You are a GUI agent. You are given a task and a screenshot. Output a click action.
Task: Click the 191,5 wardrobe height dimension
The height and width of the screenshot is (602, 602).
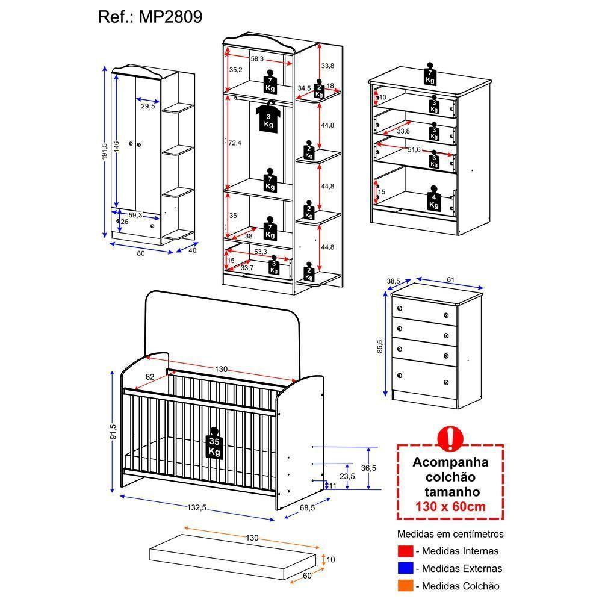pos(105,151)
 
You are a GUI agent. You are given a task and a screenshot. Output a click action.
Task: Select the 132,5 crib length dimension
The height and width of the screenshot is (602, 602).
pos(196,508)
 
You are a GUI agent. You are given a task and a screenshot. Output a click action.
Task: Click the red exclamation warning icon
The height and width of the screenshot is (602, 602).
pos(450,439)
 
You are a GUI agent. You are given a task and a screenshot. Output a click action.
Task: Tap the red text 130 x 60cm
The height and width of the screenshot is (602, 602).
pos(450,506)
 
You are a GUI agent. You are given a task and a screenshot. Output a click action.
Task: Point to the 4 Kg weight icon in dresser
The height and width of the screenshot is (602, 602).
pos(434,200)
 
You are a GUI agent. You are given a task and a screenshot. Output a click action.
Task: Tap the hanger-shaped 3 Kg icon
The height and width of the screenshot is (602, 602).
pos(268,117)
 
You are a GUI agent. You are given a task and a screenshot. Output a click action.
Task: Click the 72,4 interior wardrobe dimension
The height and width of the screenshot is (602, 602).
pos(234,143)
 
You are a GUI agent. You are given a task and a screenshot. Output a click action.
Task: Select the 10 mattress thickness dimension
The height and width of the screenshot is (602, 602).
pos(330,560)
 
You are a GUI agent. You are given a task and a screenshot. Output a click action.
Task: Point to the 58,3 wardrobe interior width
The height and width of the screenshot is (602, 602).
pos(257,58)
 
